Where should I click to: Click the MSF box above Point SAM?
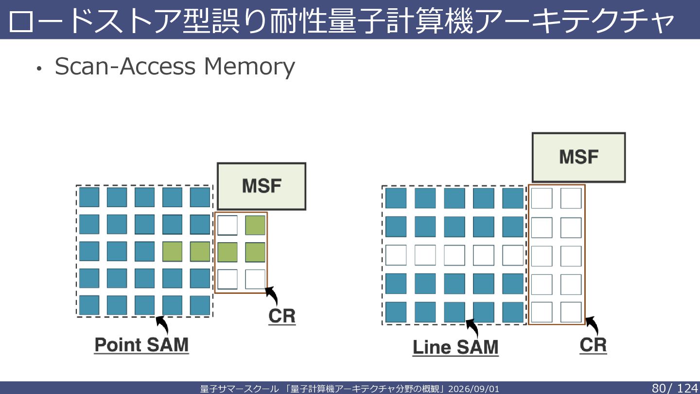tap(262, 186)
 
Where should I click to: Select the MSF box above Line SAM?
tap(579, 157)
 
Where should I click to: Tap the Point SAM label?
tap(141, 345)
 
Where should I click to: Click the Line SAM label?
tap(455, 347)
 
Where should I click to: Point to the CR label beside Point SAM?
tap(282, 316)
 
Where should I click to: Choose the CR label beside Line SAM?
tap(593, 345)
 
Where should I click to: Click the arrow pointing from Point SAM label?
tap(162, 324)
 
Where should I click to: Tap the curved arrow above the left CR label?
tap(272, 295)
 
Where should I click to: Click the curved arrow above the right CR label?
tap(592, 325)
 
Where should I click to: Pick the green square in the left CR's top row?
tap(255, 225)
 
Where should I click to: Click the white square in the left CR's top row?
tap(227, 225)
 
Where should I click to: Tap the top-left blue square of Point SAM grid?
tap(89, 197)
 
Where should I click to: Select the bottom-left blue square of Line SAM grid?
tap(396, 312)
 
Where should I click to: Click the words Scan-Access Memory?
tap(175, 66)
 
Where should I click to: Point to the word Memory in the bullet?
tap(249, 67)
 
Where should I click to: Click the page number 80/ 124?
tap(674, 388)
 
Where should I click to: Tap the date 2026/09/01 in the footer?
tap(473, 389)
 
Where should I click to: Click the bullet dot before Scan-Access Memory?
tap(39, 68)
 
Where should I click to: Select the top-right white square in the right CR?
tap(571, 198)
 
